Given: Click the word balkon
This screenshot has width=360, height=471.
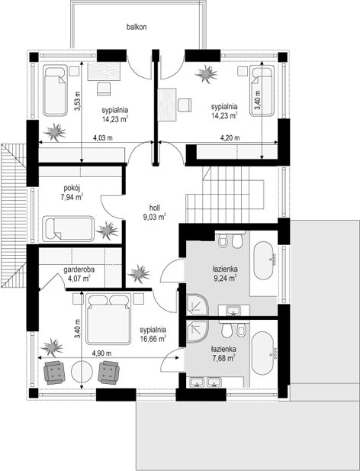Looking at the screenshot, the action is (x=137, y=27).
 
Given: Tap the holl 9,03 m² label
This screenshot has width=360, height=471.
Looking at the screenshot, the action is (x=155, y=212).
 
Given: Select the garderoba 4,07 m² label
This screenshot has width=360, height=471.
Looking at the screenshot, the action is (x=78, y=274).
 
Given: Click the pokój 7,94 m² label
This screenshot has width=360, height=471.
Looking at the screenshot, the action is (x=72, y=192).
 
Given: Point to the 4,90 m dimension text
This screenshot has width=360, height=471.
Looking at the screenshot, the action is (x=101, y=353).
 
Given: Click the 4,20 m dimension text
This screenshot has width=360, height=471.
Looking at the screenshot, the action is (x=230, y=138).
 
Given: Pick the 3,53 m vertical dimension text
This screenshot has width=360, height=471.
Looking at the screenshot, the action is (x=77, y=101).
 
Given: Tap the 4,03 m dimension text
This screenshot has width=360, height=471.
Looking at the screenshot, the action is (x=103, y=138).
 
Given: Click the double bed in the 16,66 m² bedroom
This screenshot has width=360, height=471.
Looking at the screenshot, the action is (x=108, y=318).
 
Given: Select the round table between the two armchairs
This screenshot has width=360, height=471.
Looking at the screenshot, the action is (x=82, y=372).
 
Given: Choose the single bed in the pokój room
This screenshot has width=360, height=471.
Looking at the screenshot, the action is (x=69, y=228).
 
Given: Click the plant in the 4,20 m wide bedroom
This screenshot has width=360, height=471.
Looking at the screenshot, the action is (x=207, y=73).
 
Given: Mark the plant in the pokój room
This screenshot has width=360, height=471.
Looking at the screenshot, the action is (x=107, y=231).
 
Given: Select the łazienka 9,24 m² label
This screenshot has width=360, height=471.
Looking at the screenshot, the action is (x=226, y=273).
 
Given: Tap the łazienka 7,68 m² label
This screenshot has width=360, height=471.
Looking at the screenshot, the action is (x=223, y=353).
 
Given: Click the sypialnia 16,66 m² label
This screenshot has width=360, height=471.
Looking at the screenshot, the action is (x=153, y=334).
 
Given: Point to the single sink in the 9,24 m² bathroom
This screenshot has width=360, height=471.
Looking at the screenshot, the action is (x=234, y=310).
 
